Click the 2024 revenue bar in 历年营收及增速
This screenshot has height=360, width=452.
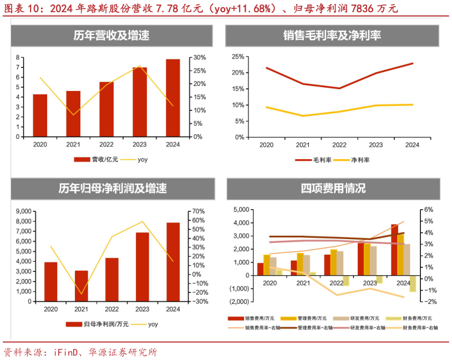(172, 98)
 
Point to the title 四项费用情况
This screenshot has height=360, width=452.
(333, 188)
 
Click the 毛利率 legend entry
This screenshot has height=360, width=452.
(313, 160)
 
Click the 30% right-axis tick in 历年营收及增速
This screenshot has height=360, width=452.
(200, 58)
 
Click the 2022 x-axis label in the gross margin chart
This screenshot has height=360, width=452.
(339, 145)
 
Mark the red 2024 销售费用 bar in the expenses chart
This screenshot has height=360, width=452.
(394, 250)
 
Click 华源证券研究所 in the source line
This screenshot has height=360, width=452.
(121, 352)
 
